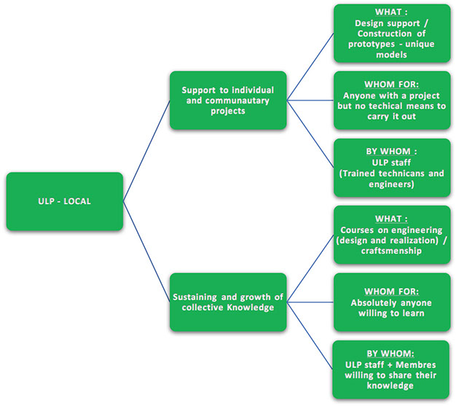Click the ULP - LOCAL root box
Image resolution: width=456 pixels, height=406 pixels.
click(x=65, y=201)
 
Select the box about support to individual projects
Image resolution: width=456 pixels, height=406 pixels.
click(x=228, y=101)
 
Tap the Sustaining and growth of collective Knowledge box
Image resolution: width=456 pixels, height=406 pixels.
click(x=228, y=302)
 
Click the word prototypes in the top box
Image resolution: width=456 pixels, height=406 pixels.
click(x=372, y=44)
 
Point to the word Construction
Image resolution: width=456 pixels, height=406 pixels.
click(x=385, y=34)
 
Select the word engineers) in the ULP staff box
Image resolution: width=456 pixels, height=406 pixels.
click(x=391, y=184)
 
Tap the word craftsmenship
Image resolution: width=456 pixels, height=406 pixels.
click(x=391, y=251)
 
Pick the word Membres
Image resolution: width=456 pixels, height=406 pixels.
click(x=416, y=364)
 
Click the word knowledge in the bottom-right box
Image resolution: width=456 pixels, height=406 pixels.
click(x=390, y=386)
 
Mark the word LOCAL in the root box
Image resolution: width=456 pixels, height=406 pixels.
click(x=77, y=201)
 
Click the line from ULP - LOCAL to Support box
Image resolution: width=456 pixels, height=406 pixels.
click(x=146, y=151)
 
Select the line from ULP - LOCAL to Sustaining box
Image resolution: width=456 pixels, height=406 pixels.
click(x=146, y=251)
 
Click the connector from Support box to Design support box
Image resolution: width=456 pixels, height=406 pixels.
click(x=310, y=67)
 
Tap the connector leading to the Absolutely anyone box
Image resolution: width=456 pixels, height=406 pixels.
click(x=310, y=302)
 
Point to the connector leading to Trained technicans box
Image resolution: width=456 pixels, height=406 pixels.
click(x=310, y=134)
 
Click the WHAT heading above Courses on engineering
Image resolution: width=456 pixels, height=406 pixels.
click(x=391, y=219)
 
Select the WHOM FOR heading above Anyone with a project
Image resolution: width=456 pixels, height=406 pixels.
click(x=391, y=85)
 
